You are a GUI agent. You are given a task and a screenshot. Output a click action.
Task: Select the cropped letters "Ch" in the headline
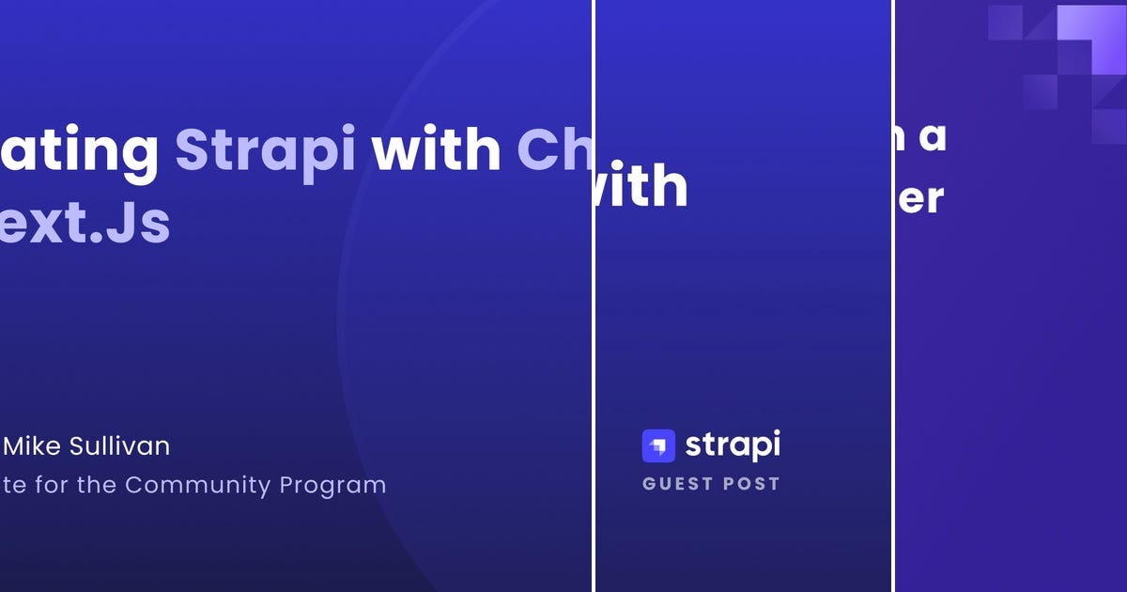point(554,150)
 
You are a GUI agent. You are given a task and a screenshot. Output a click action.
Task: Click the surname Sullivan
point(119,445)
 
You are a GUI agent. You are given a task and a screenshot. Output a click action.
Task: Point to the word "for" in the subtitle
point(57,485)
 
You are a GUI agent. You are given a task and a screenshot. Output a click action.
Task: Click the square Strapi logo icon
point(658,445)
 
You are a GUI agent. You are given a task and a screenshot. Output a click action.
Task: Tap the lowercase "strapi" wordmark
point(733,445)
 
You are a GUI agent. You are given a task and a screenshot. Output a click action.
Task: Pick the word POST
point(752,484)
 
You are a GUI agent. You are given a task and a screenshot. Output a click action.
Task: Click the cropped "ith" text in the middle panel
point(644,188)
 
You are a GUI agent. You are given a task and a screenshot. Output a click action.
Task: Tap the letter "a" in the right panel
point(931,138)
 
